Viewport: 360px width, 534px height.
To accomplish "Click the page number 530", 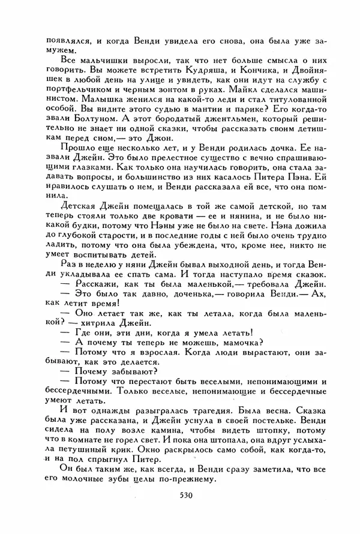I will click(x=181, y=510).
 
